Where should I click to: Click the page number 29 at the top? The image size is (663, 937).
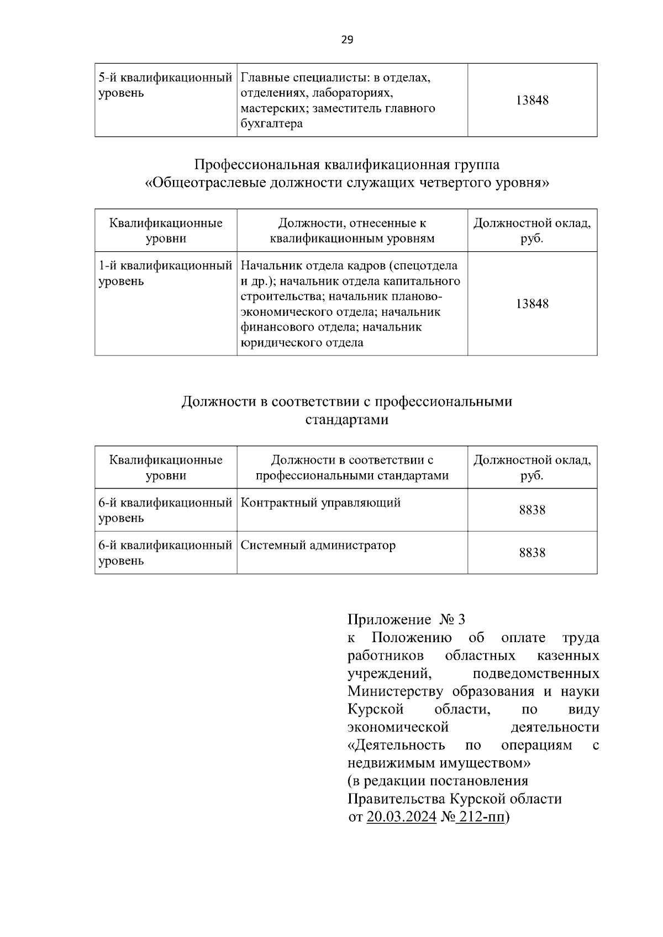click(x=347, y=39)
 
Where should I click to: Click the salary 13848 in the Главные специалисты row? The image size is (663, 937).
click(x=532, y=100)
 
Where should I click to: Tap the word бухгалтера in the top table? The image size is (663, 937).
click(x=272, y=124)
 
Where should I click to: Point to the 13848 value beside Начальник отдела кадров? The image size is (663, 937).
click(x=532, y=304)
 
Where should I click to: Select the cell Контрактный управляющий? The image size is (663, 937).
click(x=320, y=503)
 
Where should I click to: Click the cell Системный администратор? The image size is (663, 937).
click(x=318, y=546)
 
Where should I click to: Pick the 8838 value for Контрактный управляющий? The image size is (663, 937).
click(x=532, y=510)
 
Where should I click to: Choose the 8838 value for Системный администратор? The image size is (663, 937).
click(x=532, y=553)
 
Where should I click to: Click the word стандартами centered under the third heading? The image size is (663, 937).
click(x=347, y=420)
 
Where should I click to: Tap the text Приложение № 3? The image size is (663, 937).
click(x=406, y=620)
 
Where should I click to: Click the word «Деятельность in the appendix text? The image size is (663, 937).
click(x=396, y=745)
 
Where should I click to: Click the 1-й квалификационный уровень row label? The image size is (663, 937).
click(x=165, y=273)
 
